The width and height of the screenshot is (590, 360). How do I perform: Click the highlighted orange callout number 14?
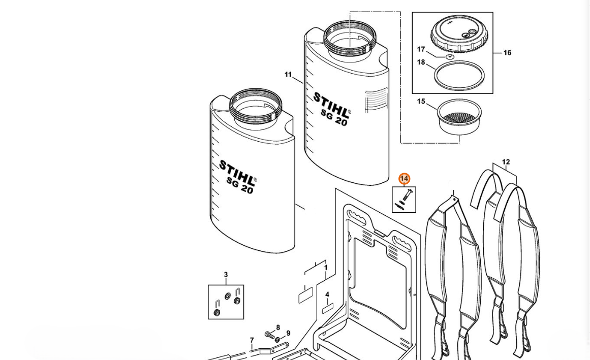(x=405, y=179)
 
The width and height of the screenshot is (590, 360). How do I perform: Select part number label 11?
(x=288, y=75)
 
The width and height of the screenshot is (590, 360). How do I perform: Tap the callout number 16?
(x=507, y=53)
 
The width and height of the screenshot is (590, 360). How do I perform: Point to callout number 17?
(x=421, y=50)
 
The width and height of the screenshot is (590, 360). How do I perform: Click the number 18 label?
(x=421, y=62)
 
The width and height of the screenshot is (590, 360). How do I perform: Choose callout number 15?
(x=421, y=102)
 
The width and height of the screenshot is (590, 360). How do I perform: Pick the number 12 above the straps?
(x=506, y=162)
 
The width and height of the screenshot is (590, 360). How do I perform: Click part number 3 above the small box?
(x=226, y=275)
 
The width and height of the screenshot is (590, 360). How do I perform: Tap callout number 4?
(x=327, y=294)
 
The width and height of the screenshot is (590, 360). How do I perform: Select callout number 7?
(x=252, y=341)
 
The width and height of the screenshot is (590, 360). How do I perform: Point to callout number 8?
(x=278, y=328)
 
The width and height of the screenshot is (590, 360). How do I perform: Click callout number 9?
(x=288, y=333)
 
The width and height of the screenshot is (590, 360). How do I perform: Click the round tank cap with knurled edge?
(x=459, y=36)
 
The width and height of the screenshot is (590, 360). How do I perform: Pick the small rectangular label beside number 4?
(x=327, y=309)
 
